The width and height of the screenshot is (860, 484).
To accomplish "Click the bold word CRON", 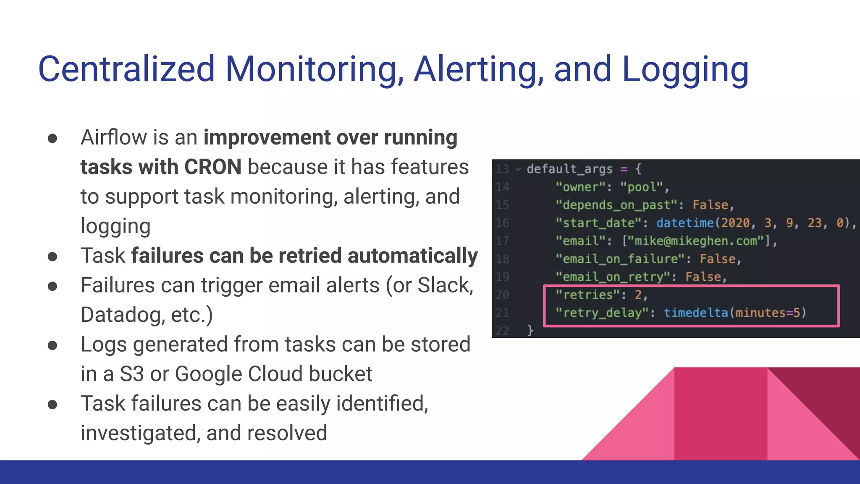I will coord(212,167).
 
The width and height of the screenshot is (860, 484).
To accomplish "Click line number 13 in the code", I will coord(502,169).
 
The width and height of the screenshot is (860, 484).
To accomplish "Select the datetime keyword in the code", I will coord(685,223).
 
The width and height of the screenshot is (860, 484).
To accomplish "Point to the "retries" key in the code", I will coord(587,295).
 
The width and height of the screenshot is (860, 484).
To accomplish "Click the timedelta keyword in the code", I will coord(696,313).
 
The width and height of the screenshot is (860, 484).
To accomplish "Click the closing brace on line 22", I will coord(530,330).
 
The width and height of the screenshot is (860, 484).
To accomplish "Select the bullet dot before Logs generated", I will coord(52,345).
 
